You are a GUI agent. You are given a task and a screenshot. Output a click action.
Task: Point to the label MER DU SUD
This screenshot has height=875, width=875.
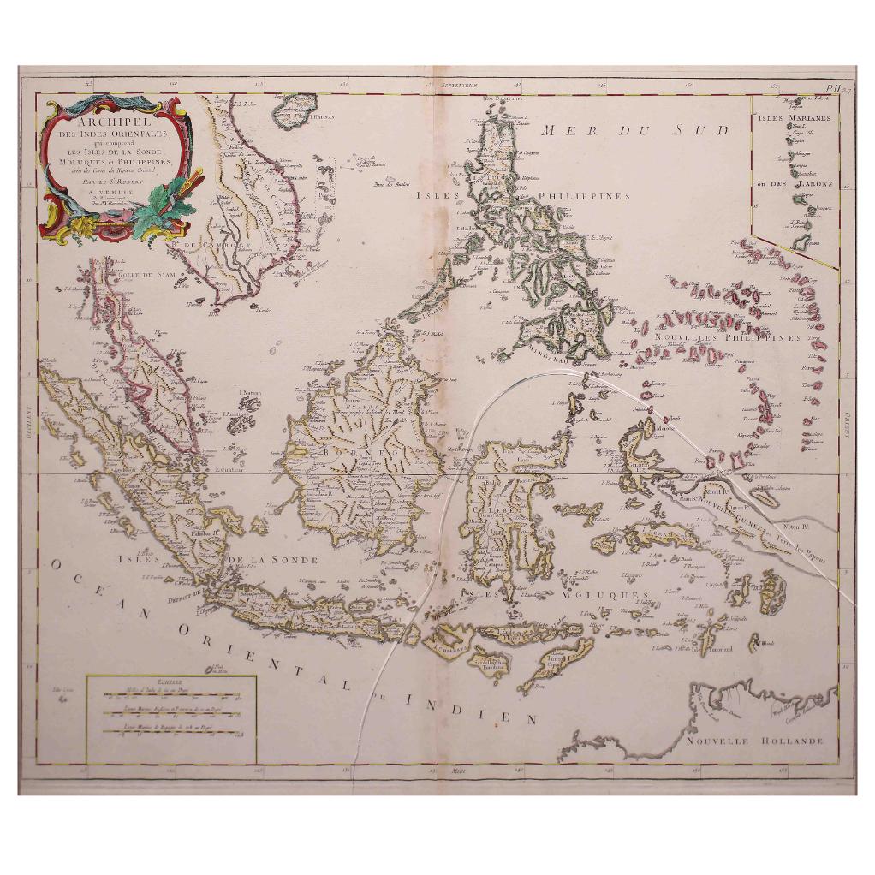[633, 130]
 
